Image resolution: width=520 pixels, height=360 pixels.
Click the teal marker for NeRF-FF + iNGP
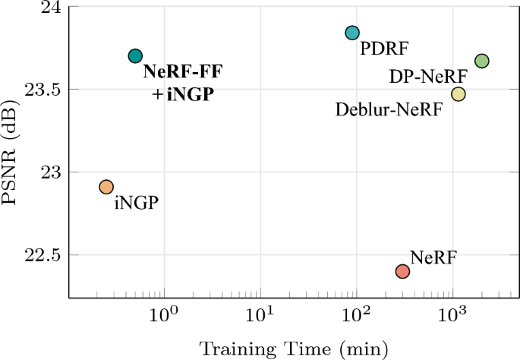(135, 55)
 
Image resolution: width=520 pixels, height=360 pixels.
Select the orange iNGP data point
(106, 187)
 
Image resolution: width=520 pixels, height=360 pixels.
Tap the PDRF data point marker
(351, 33)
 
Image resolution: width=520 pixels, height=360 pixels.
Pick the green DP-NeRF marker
(481, 61)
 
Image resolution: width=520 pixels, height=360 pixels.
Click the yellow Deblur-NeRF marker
(458, 93)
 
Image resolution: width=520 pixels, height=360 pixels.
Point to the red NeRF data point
(402, 271)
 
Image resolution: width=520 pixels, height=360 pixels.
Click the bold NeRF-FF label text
(182, 74)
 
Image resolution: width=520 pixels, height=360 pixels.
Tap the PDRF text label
(384, 49)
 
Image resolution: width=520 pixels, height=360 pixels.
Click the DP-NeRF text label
(427, 77)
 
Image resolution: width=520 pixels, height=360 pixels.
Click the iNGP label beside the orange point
(136, 203)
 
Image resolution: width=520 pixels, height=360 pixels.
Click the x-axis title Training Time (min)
(294, 349)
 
